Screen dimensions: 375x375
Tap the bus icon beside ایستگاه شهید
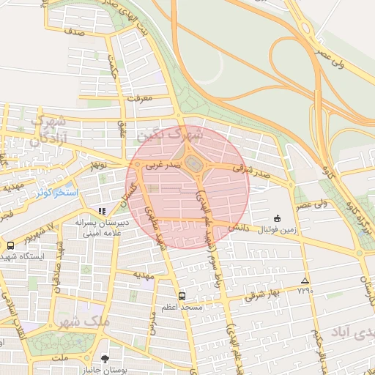(10, 246)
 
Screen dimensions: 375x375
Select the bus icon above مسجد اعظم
(182, 297)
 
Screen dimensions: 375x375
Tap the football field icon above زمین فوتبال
(277, 218)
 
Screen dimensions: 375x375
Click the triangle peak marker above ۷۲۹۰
(305, 281)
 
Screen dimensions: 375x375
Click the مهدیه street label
(144, 275)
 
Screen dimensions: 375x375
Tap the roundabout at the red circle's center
(193, 164)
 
